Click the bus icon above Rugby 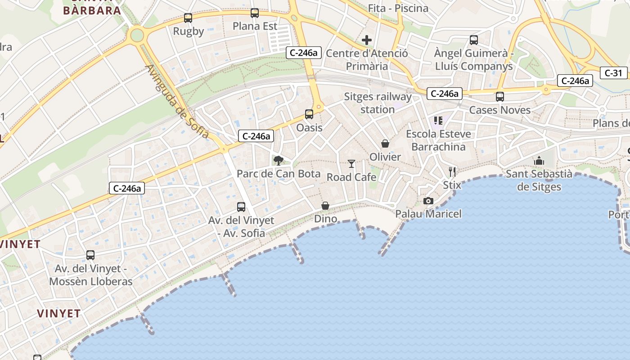(188, 18)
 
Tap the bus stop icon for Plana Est (255, 13)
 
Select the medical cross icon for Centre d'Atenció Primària (367, 40)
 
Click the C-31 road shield (613, 73)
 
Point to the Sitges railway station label (378, 103)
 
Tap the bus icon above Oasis (309, 114)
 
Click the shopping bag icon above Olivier (385, 144)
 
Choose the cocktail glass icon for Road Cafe (351, 164)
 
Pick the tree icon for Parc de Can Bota (279, 160)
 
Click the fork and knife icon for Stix (452, 171)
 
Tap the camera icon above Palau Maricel (428, 201)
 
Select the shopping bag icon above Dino (325, 206)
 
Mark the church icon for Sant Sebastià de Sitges (539, 161)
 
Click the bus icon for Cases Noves (499, 96)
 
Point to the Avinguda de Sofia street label (177, 102)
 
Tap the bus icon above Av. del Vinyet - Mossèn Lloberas (90, 255)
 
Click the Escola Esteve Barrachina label (439, 140)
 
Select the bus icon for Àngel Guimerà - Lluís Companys (474, 40)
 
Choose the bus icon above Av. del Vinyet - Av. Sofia (241, 207)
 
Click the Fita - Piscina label (398, 8)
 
